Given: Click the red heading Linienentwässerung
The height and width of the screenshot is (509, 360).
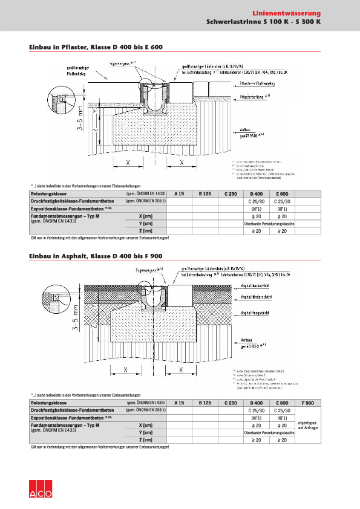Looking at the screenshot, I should tap(287, 13).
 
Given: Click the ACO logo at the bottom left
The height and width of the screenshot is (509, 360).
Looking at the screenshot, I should tap(41, 490).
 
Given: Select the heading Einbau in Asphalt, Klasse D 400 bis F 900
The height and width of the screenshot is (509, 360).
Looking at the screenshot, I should tap(96, 257).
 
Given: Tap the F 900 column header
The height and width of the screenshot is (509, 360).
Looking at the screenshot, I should tap(307, 402).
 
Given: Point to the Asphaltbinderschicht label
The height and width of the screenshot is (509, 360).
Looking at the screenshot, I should tap(260, 297).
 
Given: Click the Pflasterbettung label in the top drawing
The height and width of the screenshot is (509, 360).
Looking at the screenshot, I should tap(255, 96).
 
